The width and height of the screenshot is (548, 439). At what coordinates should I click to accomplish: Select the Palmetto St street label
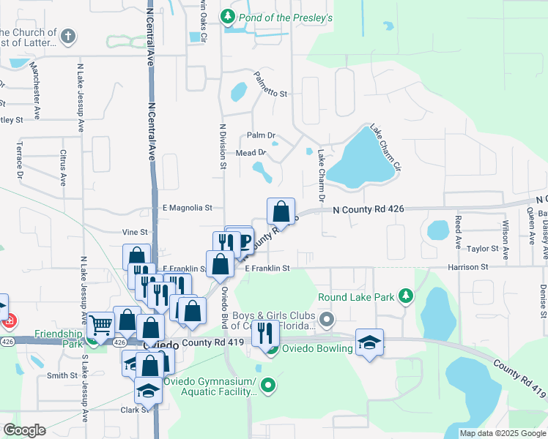coord(271,84)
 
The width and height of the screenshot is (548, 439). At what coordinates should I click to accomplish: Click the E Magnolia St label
coord(187,208)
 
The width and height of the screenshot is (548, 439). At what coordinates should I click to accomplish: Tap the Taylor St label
coord(483,249)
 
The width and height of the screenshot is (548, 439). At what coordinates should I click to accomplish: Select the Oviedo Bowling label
coord(314,349)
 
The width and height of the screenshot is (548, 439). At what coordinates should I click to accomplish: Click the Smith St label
coord(62,375)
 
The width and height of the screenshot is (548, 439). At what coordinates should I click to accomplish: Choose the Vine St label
coord(135,232)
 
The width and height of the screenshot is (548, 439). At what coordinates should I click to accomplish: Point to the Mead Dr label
coord(250,153)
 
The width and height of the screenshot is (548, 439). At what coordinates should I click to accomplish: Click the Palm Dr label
coord(261,135)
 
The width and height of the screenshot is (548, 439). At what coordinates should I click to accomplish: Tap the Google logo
coord(25,430)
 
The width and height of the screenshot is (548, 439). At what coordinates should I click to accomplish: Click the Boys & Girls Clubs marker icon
coord(327,319)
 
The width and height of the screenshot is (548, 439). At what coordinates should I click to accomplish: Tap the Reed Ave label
coord(459,230)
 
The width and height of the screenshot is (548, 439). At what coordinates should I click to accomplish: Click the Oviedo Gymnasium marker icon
coord(268,385)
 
